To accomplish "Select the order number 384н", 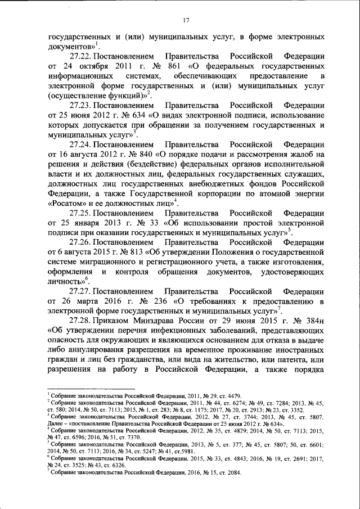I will tap(313, 319).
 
